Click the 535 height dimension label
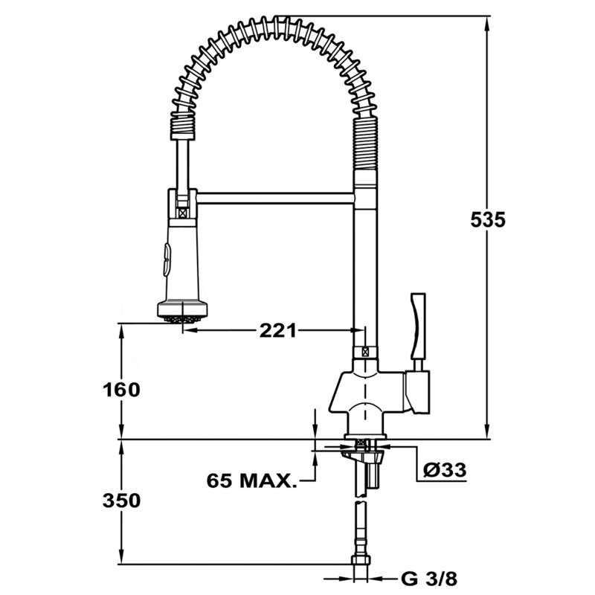click(x=488, y=220)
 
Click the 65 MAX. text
click(x=251, y=480)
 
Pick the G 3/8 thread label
click(x=426, y=578)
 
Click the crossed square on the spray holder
click(x=181, y=211)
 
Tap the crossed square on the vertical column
click(x=364, y=354)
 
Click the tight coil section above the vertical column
click(x=364, y=148)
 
